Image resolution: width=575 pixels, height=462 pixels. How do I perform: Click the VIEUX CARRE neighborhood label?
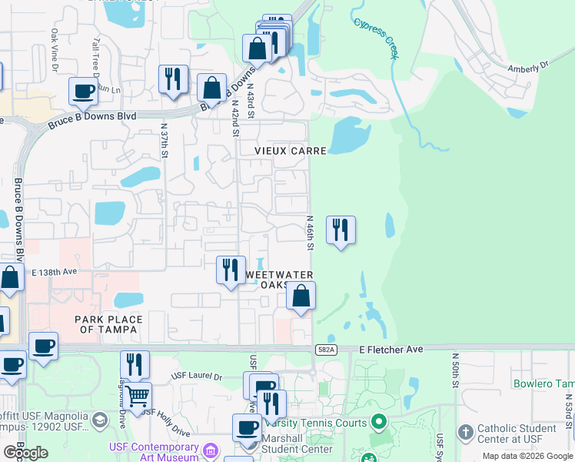tap(291, 151)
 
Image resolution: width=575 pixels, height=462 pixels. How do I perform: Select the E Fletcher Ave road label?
tap(391, 350)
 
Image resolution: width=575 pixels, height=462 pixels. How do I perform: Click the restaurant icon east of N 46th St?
tap(341, 229)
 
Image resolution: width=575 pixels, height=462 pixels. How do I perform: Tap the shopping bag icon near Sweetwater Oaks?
tap(301, 295)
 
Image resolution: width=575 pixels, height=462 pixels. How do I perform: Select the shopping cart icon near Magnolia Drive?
tap(138, 397)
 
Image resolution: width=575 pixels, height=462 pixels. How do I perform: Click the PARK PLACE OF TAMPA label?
tap(106, 324)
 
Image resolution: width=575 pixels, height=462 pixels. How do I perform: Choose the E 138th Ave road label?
tap(55, 273)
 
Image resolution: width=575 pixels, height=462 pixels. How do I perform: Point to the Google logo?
tap(26, 453)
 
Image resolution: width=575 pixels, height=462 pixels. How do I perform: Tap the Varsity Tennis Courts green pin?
tap(377, 421)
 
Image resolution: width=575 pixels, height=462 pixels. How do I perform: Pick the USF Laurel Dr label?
tap(196, 377)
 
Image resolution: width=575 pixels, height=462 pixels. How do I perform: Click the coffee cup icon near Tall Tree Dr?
tap(83, 91)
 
